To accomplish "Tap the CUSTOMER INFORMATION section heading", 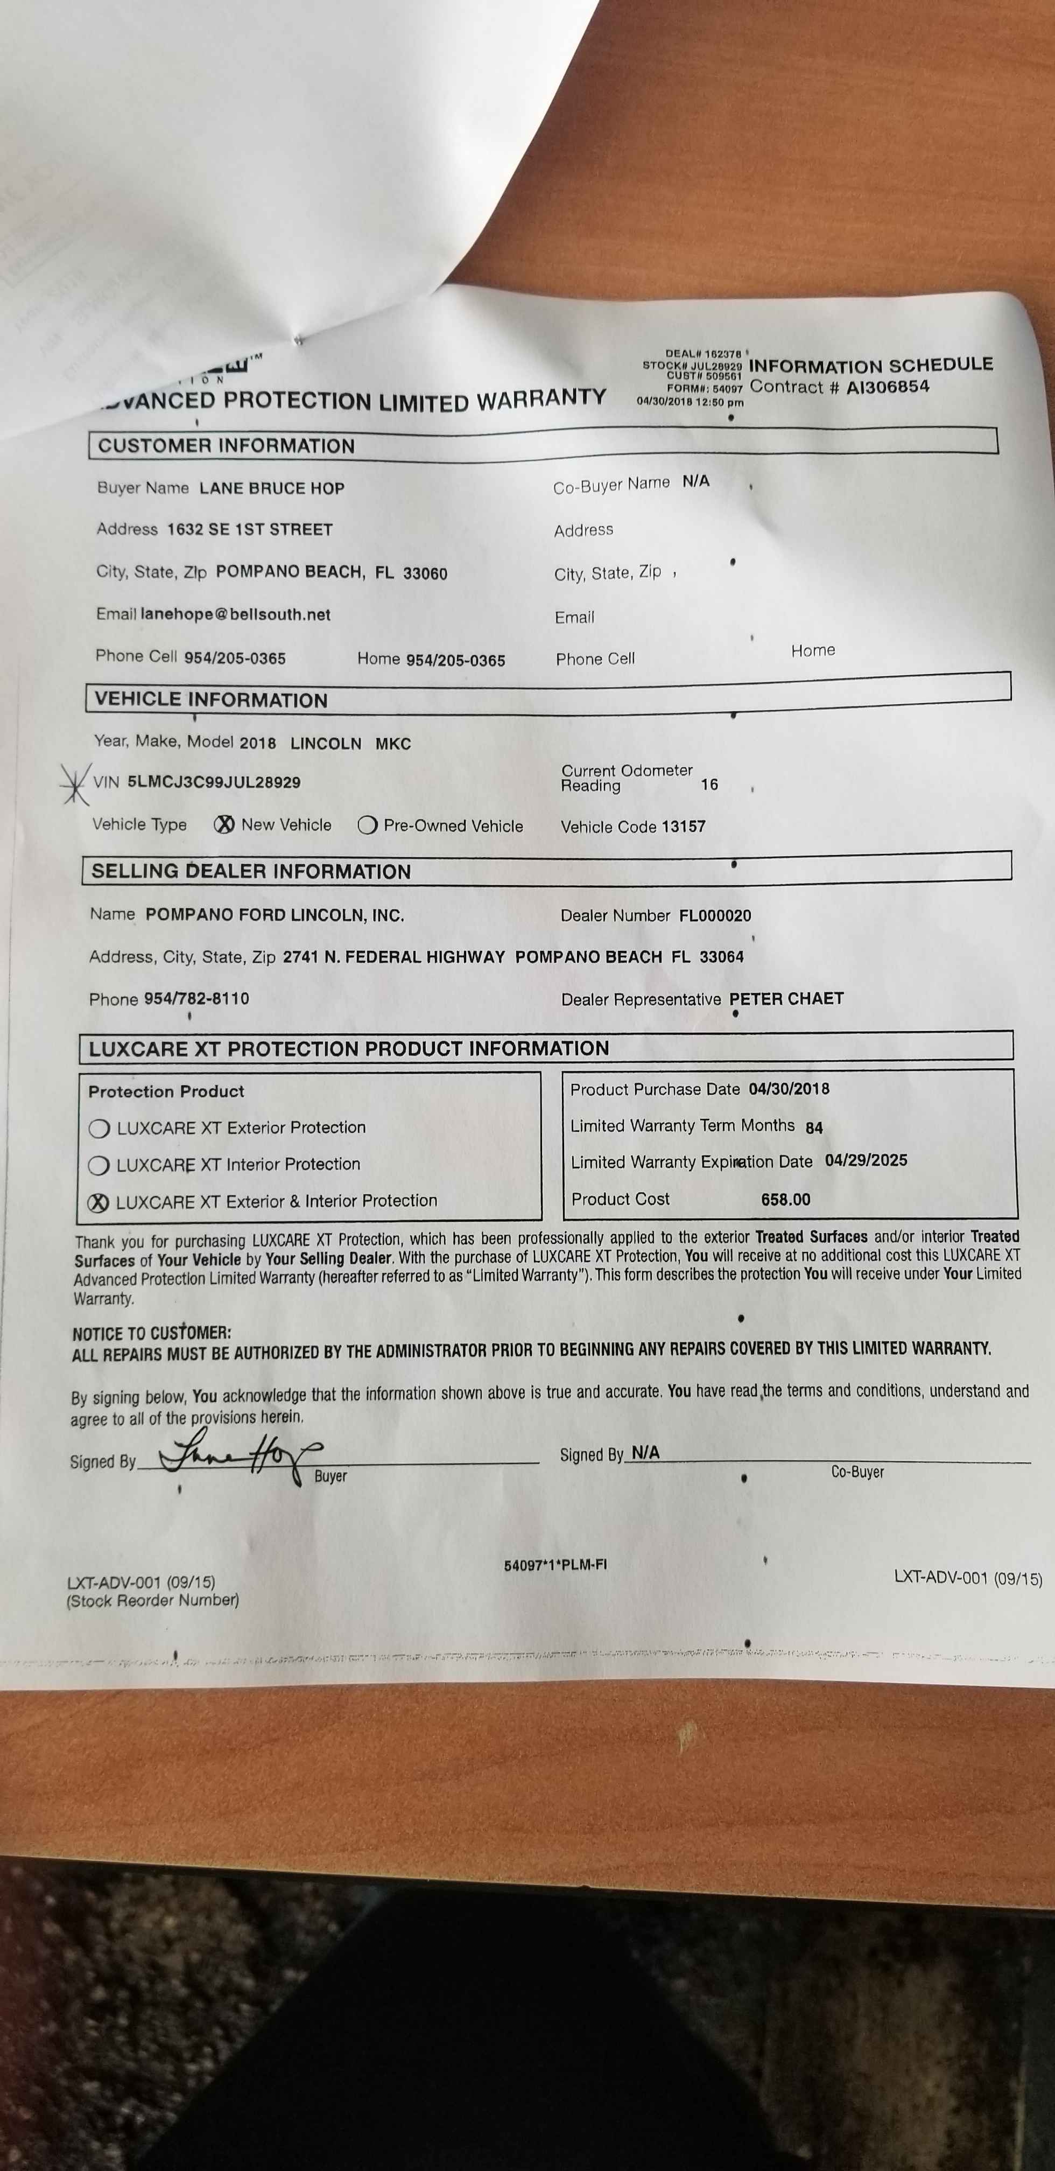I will [x=226, y=446].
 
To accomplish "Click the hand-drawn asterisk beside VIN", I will [x=75, y=782].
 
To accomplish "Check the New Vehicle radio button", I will [x=224, y=825].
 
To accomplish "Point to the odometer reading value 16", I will [x=709, y=785].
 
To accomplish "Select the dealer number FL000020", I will [x=715, y=915].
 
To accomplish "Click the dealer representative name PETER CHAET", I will [x=786, y=999].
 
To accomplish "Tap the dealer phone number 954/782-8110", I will [x=196, y=999].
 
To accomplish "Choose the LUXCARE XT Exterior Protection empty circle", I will [x=100, y=1129].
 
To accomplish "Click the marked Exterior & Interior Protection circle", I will [x=99, y=1203].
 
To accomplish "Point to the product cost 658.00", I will [x=785, y=1199].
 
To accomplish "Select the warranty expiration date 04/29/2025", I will [x=866, y=1160].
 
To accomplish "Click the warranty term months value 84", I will [x=814, y=1127].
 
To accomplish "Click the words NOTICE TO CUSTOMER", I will [x=152, y=1333].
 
